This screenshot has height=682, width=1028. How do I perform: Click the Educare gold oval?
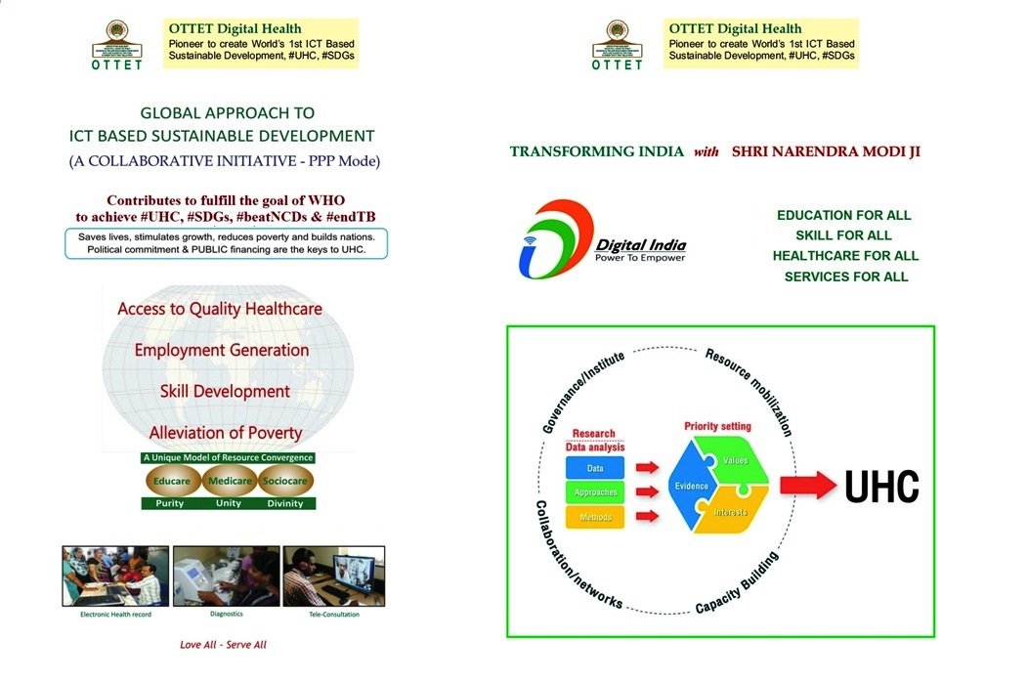[174, 480]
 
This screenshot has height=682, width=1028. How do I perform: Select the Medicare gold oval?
[230, 480]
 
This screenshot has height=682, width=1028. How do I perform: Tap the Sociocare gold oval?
[285, 480]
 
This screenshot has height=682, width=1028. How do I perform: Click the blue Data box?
[594, 469]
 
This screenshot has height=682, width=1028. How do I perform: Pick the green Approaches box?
[594, 492]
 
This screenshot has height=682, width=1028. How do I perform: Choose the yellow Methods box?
[594, 517]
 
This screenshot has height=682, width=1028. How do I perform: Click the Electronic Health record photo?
[115, 576]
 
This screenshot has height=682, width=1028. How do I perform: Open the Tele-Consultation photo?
[333, 576]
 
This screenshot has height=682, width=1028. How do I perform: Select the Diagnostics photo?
[226, 576]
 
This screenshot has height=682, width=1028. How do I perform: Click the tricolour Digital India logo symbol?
[554, 240]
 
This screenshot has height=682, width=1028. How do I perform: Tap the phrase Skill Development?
[226, 392]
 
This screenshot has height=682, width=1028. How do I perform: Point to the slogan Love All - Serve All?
[223, 645]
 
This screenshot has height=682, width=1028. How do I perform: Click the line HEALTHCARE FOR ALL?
[845, 256]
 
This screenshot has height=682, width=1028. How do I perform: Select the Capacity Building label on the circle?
[738, 584]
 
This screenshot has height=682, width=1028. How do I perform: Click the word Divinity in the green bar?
[286, 503]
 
